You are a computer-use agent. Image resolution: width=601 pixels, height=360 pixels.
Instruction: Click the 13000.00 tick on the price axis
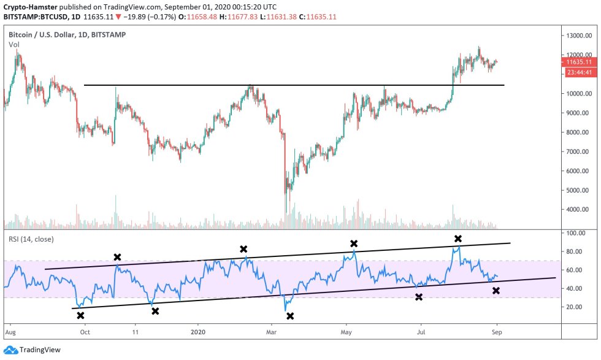point(579,36)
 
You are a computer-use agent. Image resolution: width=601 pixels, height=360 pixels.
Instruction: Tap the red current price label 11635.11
point(579,62)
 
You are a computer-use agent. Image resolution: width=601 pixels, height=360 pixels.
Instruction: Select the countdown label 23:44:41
point(579,72)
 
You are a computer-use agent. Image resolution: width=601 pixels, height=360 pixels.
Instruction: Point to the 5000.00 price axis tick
point(578,190)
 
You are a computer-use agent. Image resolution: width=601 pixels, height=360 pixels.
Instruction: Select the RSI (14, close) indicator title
point(31,239)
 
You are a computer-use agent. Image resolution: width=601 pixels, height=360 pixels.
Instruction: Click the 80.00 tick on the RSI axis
point(576,251)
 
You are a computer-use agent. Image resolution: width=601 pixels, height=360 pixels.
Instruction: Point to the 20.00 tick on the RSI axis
point(576,307)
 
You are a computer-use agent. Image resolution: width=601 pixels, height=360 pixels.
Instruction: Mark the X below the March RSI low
point(290,316)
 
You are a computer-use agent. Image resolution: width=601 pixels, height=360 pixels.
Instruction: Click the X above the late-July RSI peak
point(457,238)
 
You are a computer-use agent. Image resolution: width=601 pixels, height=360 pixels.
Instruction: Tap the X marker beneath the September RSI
point(496,290)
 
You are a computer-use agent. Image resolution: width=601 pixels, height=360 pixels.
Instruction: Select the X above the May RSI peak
point(354,243)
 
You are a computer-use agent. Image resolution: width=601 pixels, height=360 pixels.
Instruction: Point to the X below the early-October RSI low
point(80,315)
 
